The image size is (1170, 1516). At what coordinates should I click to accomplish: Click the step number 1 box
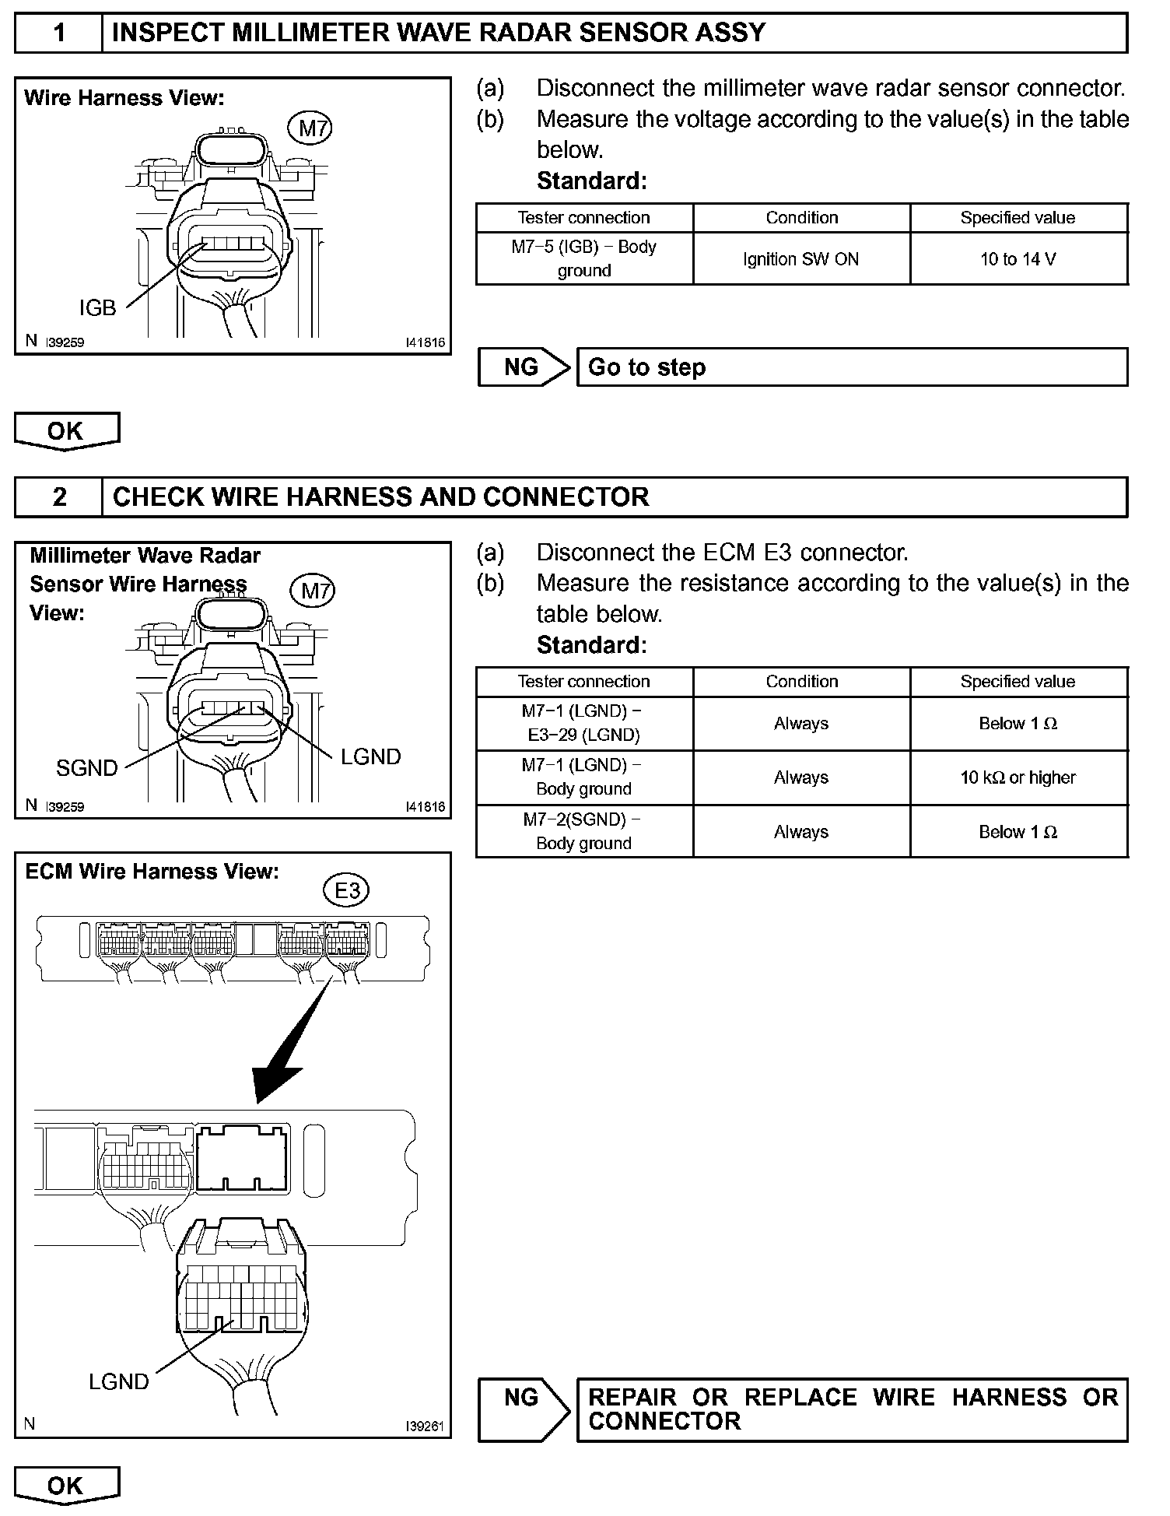[x=59, y=33]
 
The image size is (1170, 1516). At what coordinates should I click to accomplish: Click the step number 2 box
[x=59, y=497]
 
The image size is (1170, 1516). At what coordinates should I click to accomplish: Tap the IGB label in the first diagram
[x=97, y=308]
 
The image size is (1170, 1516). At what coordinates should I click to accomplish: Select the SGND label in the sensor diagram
[x=86, y=768]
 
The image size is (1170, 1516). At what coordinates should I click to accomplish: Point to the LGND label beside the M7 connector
[x=370, y=756]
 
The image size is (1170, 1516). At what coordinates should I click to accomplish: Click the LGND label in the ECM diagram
[x=118, y=1382]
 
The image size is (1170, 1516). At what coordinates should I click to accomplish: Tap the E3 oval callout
[x=347, y=890]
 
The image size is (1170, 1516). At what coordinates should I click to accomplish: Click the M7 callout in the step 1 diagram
[x=314, y=128]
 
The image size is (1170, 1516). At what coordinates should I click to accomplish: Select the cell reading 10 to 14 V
[x=1018, y=259]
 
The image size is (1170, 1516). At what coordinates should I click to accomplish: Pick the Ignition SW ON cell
[x=801, y=259]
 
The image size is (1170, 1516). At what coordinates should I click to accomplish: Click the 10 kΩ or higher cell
[x=1018, y=777]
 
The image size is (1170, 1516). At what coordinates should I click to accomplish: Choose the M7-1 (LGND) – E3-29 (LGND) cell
[x=583, y=723]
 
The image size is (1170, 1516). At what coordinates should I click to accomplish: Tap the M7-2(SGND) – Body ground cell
[x=583, y=831]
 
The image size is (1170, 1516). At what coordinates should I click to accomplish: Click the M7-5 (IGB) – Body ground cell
[x=583, y=258]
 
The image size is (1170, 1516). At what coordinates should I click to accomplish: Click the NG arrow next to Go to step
[x=524, y=367]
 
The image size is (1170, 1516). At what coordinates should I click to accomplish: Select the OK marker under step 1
[x=66, y=432]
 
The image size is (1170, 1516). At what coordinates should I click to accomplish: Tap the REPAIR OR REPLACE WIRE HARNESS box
[x=852, y=1409]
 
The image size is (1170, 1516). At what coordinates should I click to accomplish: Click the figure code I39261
[x=425, y=1427]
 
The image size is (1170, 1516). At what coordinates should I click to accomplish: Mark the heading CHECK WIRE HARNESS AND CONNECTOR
[x=380, y=497]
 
